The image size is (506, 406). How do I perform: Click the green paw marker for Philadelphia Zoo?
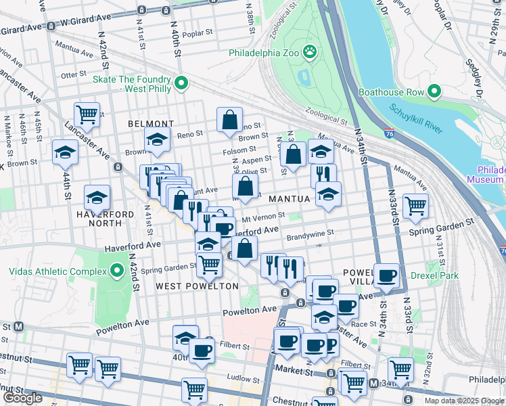coord(310,51)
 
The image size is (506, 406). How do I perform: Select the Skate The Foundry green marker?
coord(181,83)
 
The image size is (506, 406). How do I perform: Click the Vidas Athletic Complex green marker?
coord(117,271)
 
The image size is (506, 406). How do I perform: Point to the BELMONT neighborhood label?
coord(151,124)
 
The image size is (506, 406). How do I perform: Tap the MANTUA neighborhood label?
coord(289,199)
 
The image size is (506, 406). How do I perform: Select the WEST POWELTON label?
coord(197,286)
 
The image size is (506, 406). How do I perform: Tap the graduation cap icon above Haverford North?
coord(97,197)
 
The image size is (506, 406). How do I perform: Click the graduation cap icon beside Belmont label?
coord(158,141)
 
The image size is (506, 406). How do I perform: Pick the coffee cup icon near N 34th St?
coord(387,275)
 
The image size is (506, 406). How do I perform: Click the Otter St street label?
coord(70,75)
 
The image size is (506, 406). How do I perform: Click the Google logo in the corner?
coord(22,398)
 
